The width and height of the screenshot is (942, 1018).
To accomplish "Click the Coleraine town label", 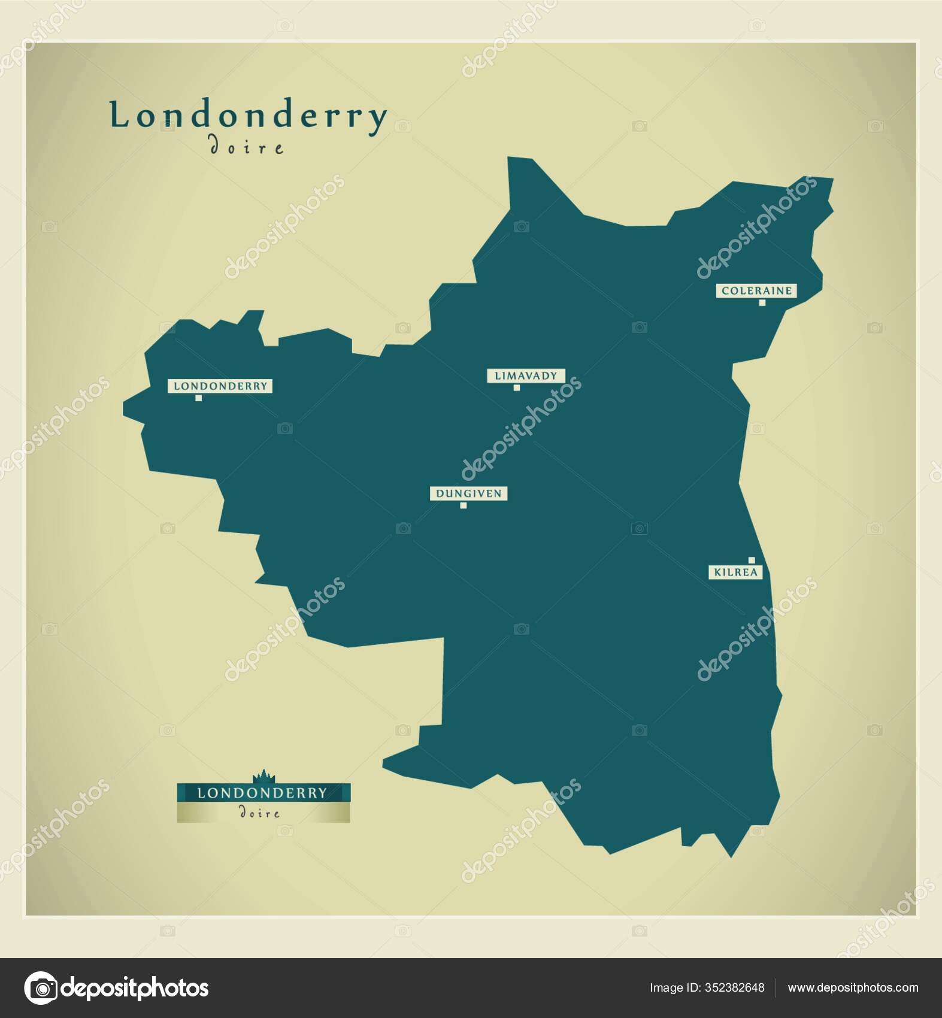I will pyautogui.click(x=756, y=291).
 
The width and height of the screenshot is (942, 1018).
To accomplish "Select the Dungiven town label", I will pyautogui.click(x=468, y=493).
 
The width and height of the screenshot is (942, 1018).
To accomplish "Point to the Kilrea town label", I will pyautogui.click(x=735, y=572).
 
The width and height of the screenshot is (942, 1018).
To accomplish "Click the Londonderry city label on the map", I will pyautogui.click(x=220, y=386).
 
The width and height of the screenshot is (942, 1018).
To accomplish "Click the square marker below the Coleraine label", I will pyautogui.click(x=762, y=302).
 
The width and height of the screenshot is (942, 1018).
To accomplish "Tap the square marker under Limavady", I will pyautogui.click(x=516, y=387).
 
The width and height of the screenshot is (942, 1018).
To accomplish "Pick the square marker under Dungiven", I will pyautogui.click(x=463, y=505).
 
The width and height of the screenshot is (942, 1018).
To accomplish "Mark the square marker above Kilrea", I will pyautogui.click(x=752, y=560).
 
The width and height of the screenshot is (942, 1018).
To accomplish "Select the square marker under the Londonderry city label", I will pyautogui.click(x=198, y=398).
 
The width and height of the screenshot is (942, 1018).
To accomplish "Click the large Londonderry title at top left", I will pyautogui.click(x=248, y=116).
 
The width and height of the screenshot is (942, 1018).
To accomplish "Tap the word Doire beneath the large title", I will pyautogui.click(x=246, y=147).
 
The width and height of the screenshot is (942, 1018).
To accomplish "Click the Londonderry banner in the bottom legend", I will pyautogui.click(x=263, y=793).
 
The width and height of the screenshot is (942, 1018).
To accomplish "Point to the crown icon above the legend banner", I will pyautogui.click(x=263, y=777).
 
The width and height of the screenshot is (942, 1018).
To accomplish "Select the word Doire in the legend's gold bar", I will pyautogui.click(x=259, y=813).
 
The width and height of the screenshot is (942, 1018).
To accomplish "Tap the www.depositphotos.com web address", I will pyautogui.click(x=852, y=987).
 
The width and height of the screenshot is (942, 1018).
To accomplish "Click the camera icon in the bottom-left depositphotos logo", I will pyautogui.click(x=41, y=987).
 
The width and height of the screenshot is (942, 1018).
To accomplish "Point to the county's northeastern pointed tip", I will pyautogui.click(x=830, y=180).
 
